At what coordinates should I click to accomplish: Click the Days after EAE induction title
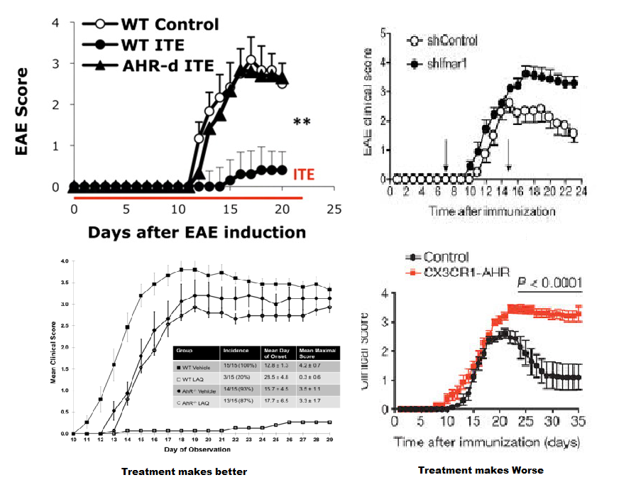click(x=197, y=232)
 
